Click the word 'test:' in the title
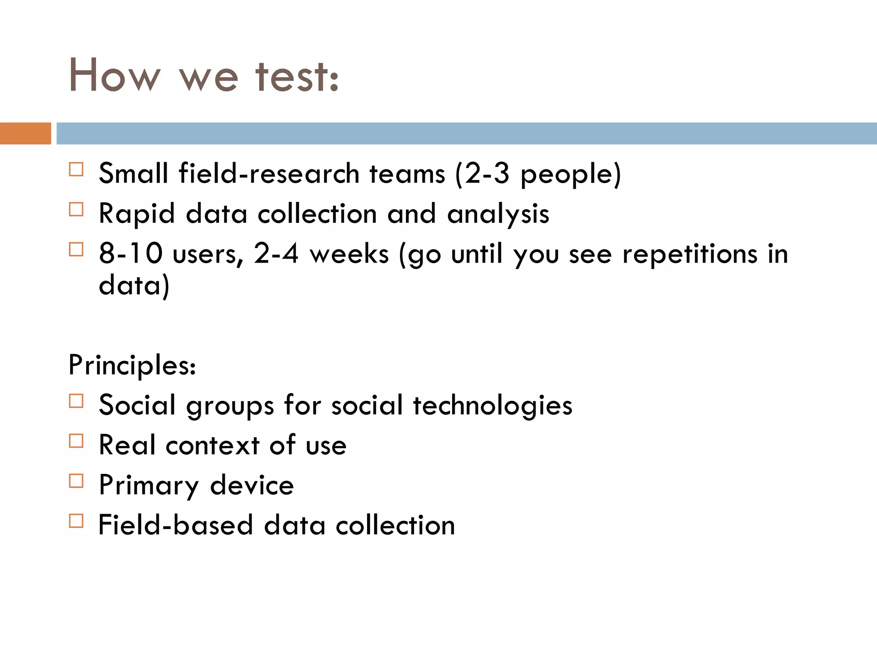click(297, 76)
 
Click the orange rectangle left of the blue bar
click(25, 133)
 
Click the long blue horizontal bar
click(466, 133)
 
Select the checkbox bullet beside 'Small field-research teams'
click(76, 169)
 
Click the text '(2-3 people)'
click(538, 174)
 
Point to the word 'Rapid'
click(137, 214)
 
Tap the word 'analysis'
click(498, 214)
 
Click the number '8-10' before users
click(131, 253)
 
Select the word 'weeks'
click(349, 254)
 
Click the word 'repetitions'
click(689, 254)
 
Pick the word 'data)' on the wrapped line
click(134, 286)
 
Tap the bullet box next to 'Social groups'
click(76, 401)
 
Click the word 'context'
click(213, 445)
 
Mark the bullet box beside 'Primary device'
click(76, 481)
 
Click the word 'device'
click(252, 485)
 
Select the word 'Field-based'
click(176, 525)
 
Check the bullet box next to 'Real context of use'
click(76, 441)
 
